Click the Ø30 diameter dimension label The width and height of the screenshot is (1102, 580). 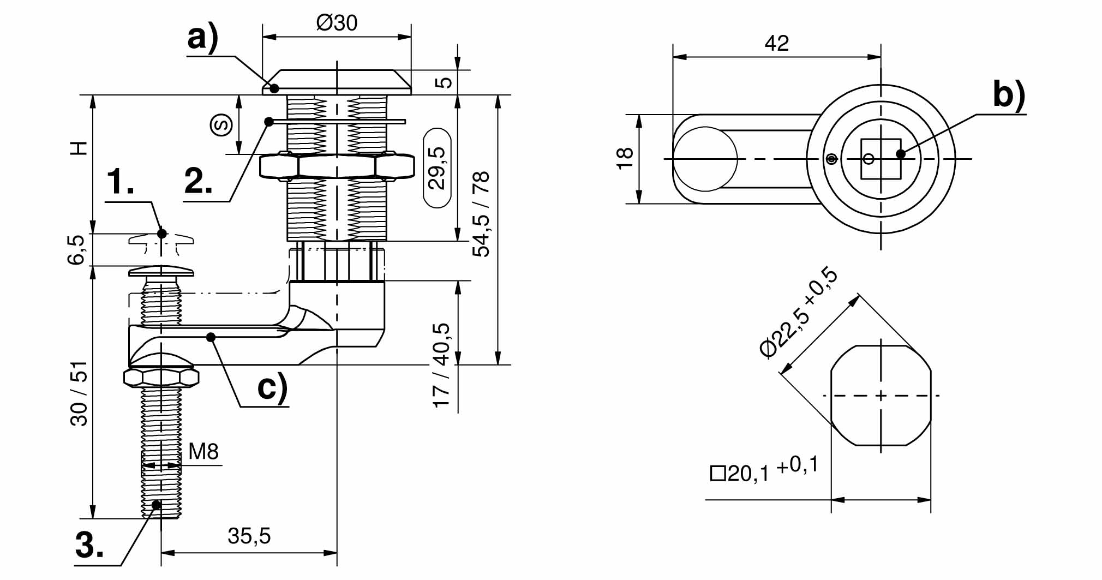click(337, 23)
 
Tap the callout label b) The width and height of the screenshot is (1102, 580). click(1009, 94)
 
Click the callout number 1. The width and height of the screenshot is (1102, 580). click(120, 182)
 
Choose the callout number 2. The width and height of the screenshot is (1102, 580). click(199, 182)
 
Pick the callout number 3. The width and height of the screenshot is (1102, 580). click(89, 544)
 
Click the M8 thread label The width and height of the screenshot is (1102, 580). click(203, 452)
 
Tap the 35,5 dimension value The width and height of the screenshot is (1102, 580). click(249, 536)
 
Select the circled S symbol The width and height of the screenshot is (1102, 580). click(221, 124)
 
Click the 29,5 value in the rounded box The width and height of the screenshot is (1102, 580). click(438, 168)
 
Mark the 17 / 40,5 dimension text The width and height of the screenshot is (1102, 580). click(441, 365)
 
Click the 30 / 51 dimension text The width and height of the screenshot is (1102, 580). click(80, 393)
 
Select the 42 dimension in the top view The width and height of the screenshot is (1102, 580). click(776, 44)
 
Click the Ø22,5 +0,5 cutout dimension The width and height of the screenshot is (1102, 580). click(799, 312)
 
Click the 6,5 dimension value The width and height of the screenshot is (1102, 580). click(77, 250)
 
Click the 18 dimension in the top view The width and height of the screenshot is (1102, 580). click(625, 158)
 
